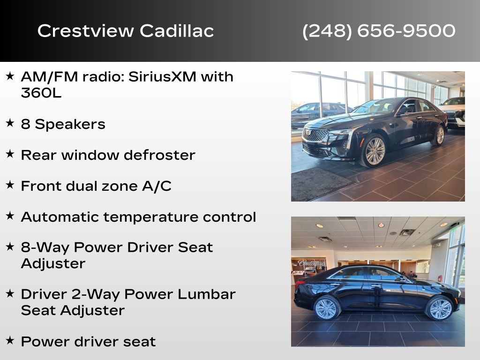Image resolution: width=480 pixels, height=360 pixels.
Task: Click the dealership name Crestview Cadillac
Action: (x=126, y=31)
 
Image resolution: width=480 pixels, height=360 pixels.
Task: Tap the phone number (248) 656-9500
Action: (x=379, y=31)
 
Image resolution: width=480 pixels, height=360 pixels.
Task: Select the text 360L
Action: (x=41, y=93)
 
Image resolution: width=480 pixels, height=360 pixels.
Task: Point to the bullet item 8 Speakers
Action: (x=63, y=124)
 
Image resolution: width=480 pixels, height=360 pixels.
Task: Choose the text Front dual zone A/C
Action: (x=96, y=186)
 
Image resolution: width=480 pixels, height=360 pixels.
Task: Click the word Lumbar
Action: (x=211, y=294)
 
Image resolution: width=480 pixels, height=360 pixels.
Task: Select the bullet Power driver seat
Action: (x=88, y=342)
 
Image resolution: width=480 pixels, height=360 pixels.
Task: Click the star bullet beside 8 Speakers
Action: (x=10, y=123)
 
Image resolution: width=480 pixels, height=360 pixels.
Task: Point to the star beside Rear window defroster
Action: (x=10, y=154)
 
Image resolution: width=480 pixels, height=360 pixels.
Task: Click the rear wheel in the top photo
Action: (x=439, y=135)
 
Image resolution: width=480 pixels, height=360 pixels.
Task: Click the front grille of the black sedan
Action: (x=315, y=135)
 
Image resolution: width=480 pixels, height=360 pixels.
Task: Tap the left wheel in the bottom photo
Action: (x=326, y=308)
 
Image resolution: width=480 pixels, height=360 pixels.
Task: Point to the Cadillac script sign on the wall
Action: (x=312, y=263)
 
